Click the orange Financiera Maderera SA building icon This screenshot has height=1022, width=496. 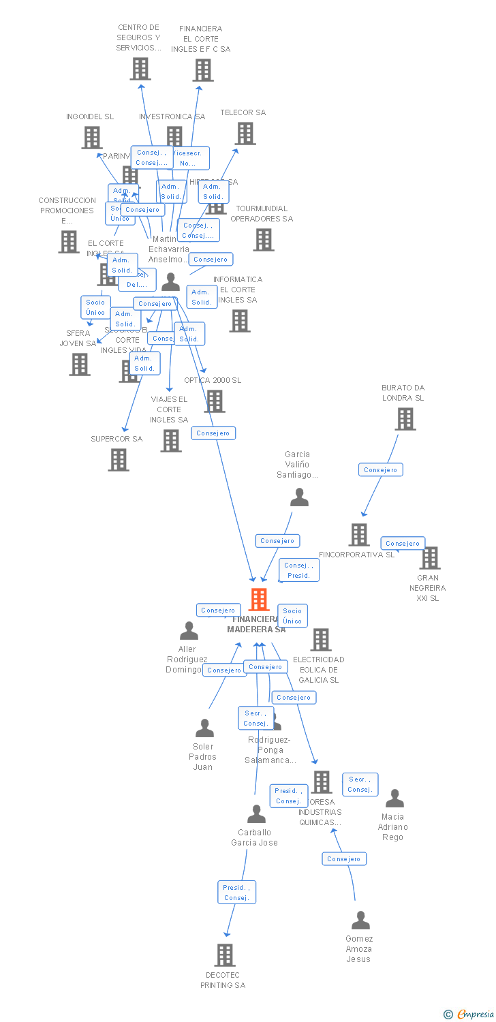259,600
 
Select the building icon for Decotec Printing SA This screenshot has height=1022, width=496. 225,955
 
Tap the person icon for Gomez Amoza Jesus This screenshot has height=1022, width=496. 360,920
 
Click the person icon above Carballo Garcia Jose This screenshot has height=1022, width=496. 256,814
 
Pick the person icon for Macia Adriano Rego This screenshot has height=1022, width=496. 394,799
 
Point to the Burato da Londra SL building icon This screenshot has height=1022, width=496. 405,419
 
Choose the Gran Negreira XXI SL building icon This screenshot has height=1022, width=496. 429,558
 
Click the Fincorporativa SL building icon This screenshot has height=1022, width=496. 359,535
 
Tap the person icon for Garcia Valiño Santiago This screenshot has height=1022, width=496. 299,497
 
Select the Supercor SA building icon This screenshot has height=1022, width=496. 119,460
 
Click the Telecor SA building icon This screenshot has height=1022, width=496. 245,134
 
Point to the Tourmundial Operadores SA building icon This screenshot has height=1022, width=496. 264,239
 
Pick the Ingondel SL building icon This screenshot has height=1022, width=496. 92,138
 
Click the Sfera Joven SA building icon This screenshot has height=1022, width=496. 80,365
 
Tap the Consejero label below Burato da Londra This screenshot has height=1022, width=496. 381,469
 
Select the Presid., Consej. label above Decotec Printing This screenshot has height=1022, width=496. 236,893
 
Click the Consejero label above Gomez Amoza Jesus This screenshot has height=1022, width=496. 344,858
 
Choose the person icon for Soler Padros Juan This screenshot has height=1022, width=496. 204,728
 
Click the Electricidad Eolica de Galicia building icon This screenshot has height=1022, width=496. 321,640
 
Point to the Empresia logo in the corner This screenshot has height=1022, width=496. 470,1015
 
